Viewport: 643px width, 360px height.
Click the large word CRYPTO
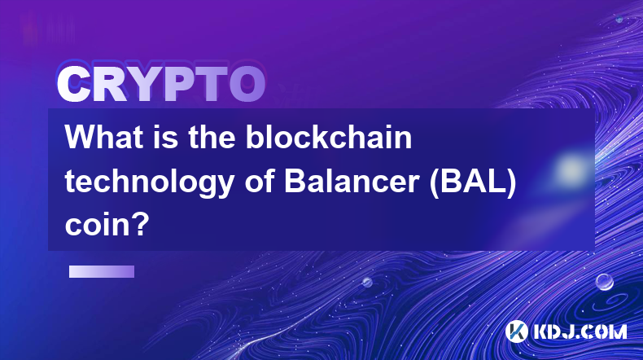click(161, 85)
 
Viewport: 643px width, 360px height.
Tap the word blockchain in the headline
click(329, 137)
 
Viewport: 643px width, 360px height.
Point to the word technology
click(150, 182)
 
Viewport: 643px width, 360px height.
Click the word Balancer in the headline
click(352, 181)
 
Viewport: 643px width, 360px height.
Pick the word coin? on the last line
click(107, 225)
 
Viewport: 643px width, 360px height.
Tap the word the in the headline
click(212, 137)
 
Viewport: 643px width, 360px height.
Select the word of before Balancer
click(259, 181)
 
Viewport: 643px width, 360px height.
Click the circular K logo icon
click(516, 331)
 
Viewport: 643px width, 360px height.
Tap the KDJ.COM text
click(580, 331)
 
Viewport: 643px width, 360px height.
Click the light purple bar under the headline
click(102, 271)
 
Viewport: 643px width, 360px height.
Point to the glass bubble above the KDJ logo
click(604, 282)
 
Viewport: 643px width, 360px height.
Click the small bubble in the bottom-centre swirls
click(366, 282)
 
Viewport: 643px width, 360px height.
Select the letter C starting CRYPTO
click(73, 85)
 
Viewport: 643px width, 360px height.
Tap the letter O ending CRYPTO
click(247, 85)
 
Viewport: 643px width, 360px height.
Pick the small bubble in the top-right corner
click(619, 19)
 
